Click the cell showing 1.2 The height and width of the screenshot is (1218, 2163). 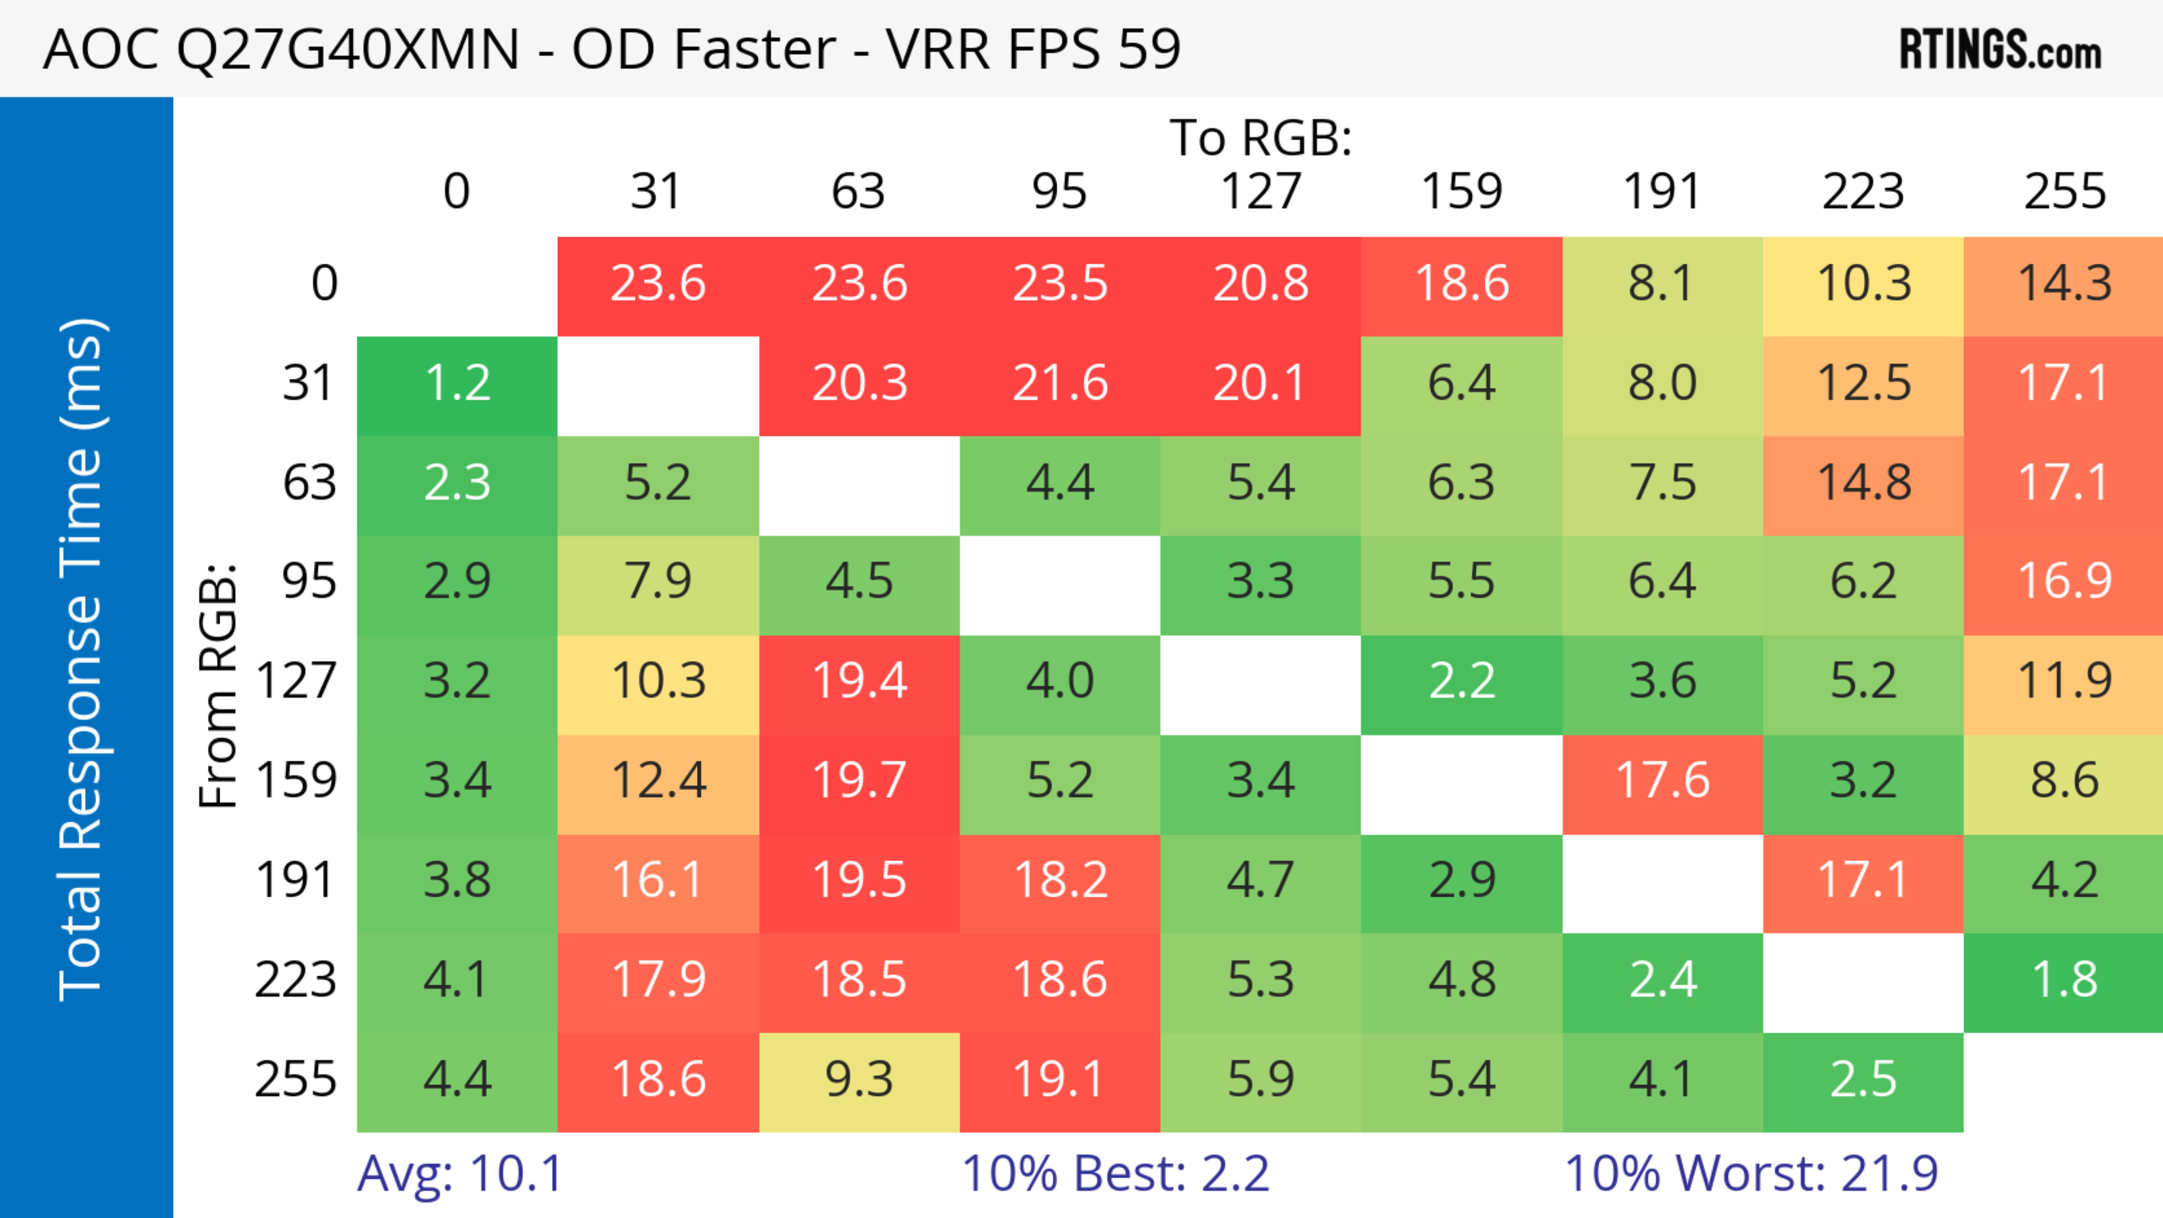pyautogui.click(x=457, y=384)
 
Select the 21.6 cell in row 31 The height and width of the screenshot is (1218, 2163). pyautogui.click(x=1060, y=384)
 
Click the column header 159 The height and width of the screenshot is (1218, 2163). pyautogui.click(x=1461, y=192)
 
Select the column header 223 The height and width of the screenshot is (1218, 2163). pyautogui.click(x=1863, y=192)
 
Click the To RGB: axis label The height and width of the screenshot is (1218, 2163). pyautogui.click(x=1261, y=138)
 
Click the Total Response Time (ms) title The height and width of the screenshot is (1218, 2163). pyautogui.click(x=82, y=659)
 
